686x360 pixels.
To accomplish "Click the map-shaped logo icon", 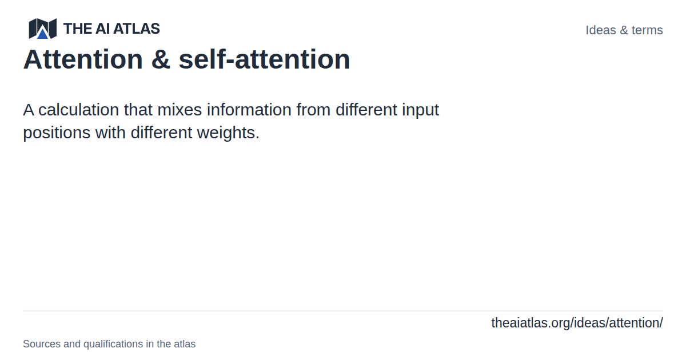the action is pos(42,29).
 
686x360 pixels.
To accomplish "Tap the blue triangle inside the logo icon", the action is pos(42,33).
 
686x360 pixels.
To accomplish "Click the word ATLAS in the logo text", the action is pos(137,29).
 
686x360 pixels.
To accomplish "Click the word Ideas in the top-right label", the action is pos(601,30).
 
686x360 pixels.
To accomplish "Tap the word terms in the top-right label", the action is pos(647,30).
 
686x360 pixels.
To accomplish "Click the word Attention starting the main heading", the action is pos(83,59).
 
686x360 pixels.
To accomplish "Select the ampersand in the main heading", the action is pos(161,59).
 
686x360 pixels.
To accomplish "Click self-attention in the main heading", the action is pos(264,59).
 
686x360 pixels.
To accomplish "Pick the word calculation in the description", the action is pos(78,110).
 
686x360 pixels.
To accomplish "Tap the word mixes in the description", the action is pos(180,110).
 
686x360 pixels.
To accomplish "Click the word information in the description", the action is pos(249,110).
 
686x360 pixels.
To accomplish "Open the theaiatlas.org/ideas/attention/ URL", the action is pos(577,323).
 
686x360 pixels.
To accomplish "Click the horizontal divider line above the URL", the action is pos(343,311).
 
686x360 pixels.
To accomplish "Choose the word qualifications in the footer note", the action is pos(113,344).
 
